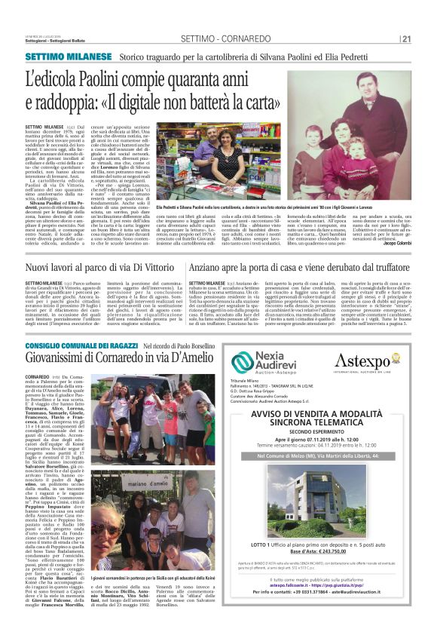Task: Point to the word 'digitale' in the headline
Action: pyautogui.click(x=152, y=102)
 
